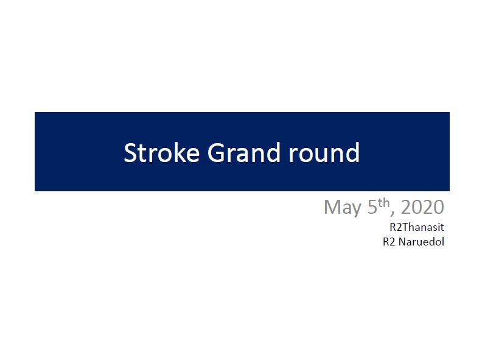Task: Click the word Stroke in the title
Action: (161, 153)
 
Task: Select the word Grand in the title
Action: (244, 152)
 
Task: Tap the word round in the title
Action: (324, 152)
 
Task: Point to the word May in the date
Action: (343, 207)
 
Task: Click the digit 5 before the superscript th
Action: (372, 206)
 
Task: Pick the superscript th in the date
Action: (383, 203)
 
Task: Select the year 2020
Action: (422, 206)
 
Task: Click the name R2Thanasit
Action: (417, 227)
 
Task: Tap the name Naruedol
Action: (421, 242)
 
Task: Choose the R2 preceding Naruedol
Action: (389, 242)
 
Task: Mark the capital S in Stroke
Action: (130, 153)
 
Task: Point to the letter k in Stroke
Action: (178, 152)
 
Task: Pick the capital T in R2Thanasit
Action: (405, 227)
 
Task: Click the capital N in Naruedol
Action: (402, 242)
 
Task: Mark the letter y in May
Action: (357, 210)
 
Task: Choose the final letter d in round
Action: (353, 152)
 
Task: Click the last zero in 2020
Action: (439, 206)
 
